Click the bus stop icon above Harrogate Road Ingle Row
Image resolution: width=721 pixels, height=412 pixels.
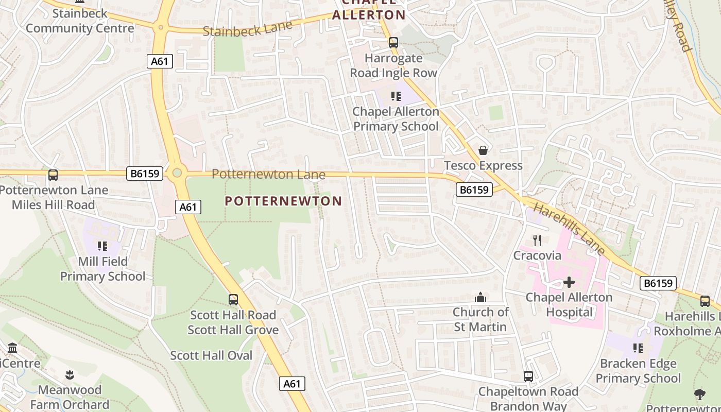pyautogui.click(x=393, y=43)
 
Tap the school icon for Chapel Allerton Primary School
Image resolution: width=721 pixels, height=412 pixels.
pyautogui.click(x=396, y=96)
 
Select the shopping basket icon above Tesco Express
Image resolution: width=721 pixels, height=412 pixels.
pyautogui.click(x=483, y=150)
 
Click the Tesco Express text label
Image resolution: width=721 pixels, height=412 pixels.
pyautogui.click(x=483, y=166)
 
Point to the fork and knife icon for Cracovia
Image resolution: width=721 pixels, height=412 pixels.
pyautogui.click(x=537, y=240)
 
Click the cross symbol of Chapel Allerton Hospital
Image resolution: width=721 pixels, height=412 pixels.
pyautogui.click(x=569, y=282)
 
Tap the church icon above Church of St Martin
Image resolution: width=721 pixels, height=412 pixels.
pyautogui.click(x=480, y=297)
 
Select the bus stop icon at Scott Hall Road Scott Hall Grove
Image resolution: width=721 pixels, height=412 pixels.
pyautogui.click(x=233, y=300)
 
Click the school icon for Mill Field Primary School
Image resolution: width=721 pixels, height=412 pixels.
pyautogui.click(x=102, y=246)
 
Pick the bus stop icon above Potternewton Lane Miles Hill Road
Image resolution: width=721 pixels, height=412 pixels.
pyautogui.click(x=53, y=175)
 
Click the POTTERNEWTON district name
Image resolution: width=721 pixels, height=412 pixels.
pyautogui.click(x=283, y=201)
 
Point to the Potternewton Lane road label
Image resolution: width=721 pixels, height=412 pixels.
pyautogui.click(x=268, y=174)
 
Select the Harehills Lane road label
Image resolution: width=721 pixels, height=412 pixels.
pyautogui.click(x=569, y=229)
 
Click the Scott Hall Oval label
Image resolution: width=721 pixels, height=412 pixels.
pyautogui.click(x=211, y=355)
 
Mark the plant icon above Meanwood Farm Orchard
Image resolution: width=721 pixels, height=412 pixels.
pyautogui.click(x=70, y=375)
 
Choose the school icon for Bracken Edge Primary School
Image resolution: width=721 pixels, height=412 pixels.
pyautogui.click(x=638, y=349)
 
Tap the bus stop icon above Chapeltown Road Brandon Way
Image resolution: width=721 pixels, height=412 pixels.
pyautogui.click(x=528, y=376)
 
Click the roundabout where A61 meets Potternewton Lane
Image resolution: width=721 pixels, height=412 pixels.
pyautogui.click(x=177, y=173)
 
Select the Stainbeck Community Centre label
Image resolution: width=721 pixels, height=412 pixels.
pyautogui.click(x=80, y=21)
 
